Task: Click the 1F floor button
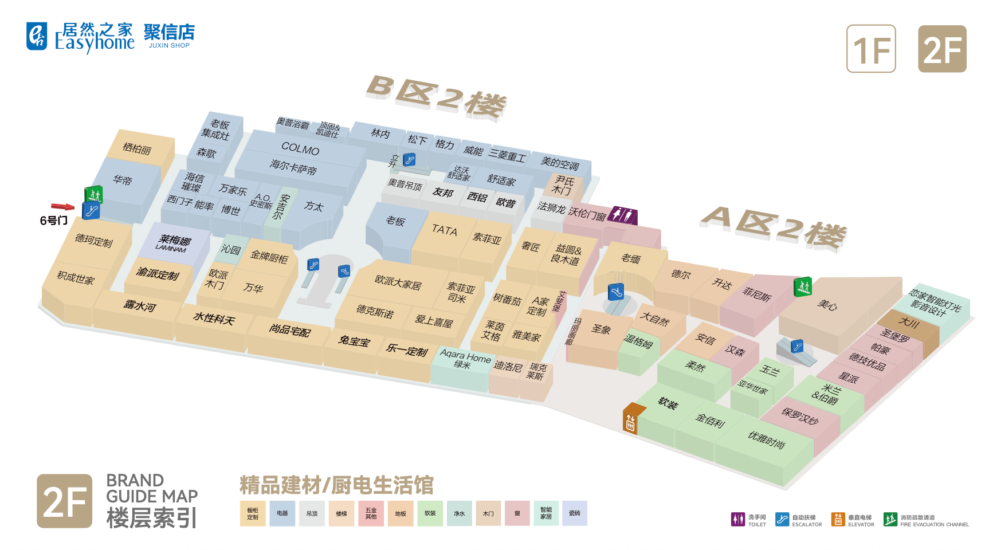[x=871, y=49]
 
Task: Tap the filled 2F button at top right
[x=942, y=49]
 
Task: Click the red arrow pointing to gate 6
[x=62, y=207]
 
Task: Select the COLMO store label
[x=300, y=150]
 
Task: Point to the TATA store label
[x=445, y=230]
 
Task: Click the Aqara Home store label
[x=465, y=359]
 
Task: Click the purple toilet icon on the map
[x=622, y=215]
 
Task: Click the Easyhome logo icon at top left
[x=37, y=36]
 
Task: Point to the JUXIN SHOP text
[x=169, y=46]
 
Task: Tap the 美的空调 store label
[x=560, y=164]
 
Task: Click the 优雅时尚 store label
[x=766, y=439]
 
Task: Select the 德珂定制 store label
[x=94, y=241]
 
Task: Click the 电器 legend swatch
[x=282, y=513]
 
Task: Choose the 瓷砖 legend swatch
[x=575, y=513]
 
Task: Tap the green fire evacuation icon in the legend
[x=890, y=519]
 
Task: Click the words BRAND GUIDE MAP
[x=152, y=488]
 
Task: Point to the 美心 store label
[x=827, y=305]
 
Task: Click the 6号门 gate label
[x=53, y=221]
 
